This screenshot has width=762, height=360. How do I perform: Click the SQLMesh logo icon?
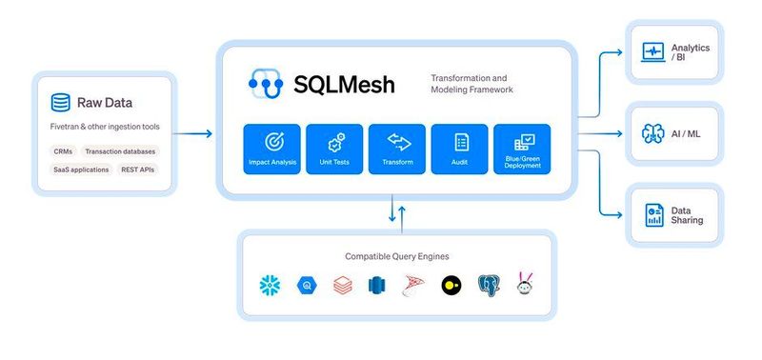point(267,83)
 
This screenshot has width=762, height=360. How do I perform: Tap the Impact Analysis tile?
point(271,149)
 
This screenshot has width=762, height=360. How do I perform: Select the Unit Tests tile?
point(334,149)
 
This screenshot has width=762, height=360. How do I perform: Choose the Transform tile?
point(397,149)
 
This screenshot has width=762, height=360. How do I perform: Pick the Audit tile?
point(460,149)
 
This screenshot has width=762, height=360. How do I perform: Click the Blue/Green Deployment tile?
point(523,149)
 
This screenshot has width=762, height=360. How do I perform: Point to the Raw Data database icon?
point(60,102)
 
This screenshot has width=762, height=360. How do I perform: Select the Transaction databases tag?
point(120,151)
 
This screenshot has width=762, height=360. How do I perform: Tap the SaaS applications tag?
point(81,170)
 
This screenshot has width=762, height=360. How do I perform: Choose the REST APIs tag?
point(138,170)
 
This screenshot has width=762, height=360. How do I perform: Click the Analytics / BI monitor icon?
point(654,52)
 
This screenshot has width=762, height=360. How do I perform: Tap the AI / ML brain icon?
point(654,133)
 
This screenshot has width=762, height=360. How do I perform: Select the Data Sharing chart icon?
point(654,214)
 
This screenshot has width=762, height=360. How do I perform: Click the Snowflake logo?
point(270,285)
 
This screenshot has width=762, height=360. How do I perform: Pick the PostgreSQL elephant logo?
point(490,285)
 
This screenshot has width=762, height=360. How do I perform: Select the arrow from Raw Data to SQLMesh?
point(194,133)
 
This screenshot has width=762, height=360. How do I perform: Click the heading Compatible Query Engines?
point(396,256)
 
